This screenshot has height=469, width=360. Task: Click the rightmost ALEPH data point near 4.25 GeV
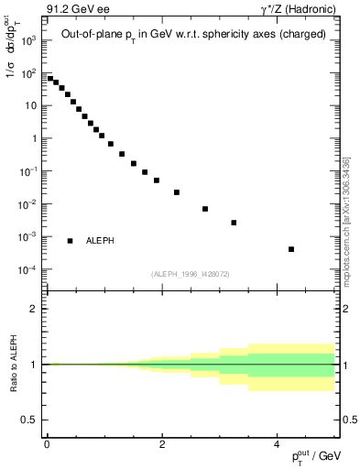[x=290, y=249]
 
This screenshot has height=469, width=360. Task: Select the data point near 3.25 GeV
[x=234, y=223]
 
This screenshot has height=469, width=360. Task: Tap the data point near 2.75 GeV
[x=205, y=209]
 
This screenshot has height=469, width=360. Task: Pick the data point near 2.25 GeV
[x=177, y=192]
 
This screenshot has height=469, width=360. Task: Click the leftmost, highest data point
[x=50, y=79]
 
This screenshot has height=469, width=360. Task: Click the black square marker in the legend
[x=71, y=241]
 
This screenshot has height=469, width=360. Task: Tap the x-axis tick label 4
[x=277, y=443]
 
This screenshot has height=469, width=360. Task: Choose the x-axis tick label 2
[x=162, y=443]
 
